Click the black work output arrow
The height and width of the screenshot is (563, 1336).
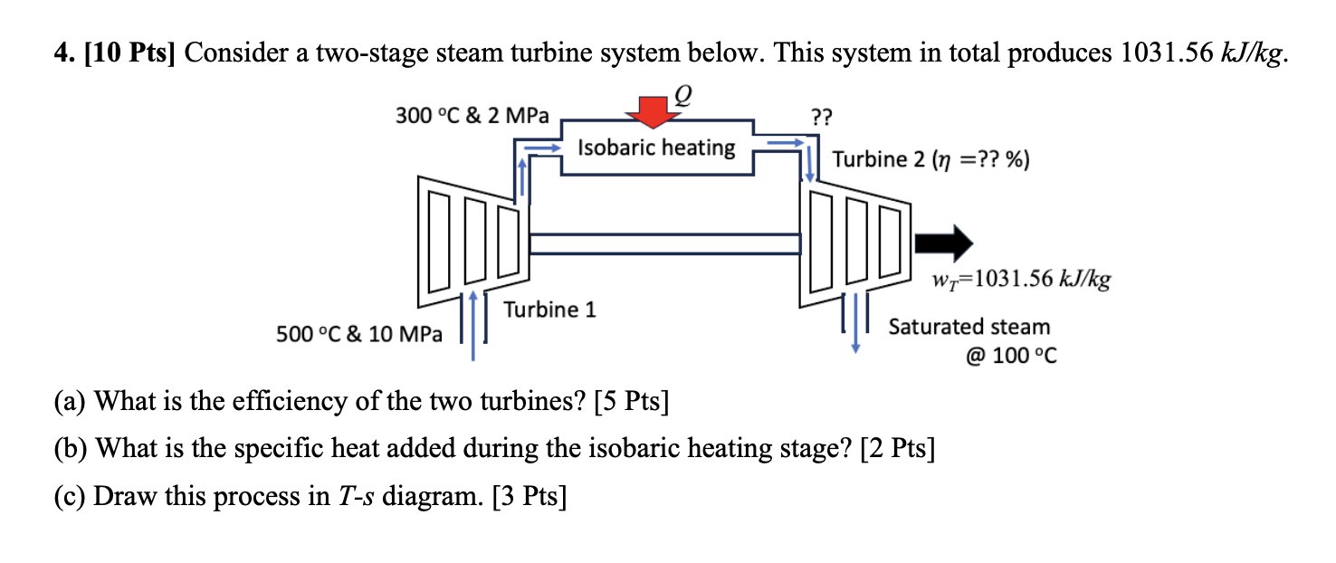943,243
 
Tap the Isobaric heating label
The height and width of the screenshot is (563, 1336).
656,147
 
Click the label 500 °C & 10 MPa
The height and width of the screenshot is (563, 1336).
359,334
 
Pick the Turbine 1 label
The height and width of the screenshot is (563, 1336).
549,310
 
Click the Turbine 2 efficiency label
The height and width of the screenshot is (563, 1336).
930,160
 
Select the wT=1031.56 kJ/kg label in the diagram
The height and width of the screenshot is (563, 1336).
1020,280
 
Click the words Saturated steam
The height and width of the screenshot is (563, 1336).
969,327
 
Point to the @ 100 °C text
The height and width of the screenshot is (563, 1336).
1011,356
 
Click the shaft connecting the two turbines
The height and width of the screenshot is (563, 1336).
664,243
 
